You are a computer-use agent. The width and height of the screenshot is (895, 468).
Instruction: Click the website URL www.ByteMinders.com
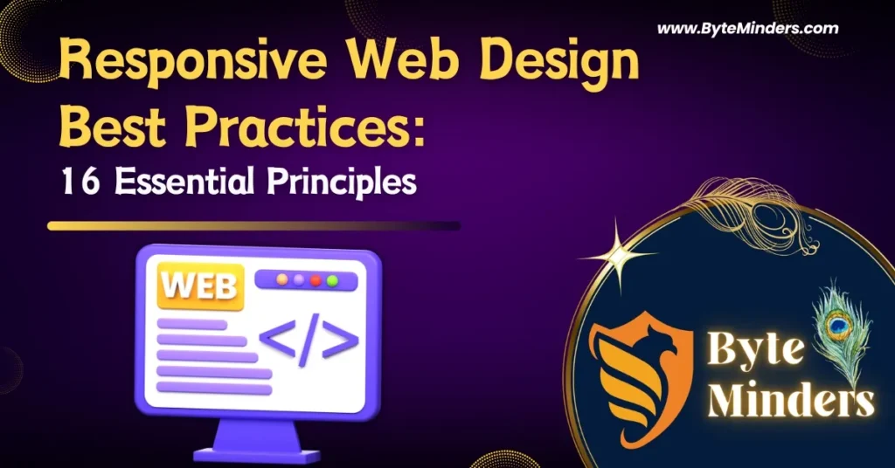(x=747, y=29)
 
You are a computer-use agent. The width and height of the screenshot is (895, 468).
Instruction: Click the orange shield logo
(x=633, y=375)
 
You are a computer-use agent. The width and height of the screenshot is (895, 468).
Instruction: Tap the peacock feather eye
(x=840, y=327)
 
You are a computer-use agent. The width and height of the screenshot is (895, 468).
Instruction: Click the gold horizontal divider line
(x=253, y=226)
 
